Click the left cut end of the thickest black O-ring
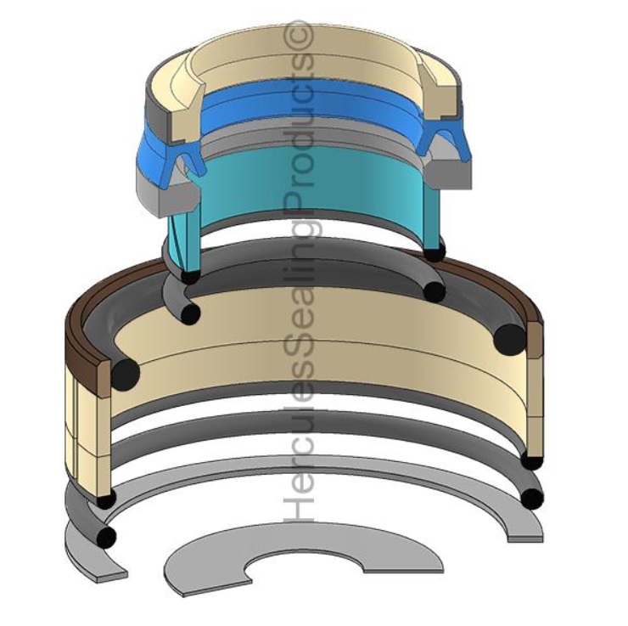(x=126, y=375)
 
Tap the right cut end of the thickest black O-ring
(x=510, y=339)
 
